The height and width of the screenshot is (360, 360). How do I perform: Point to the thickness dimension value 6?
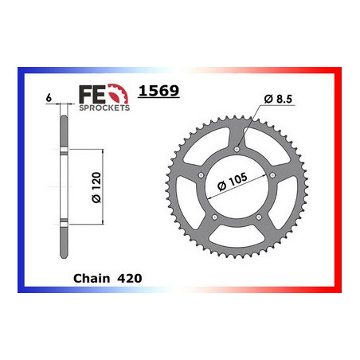click(49, 96)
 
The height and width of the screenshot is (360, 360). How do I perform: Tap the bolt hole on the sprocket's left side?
click(201, 174)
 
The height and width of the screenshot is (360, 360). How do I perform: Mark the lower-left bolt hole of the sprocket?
click(214, 215)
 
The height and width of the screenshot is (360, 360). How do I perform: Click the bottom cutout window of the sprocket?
click(237, 236)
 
